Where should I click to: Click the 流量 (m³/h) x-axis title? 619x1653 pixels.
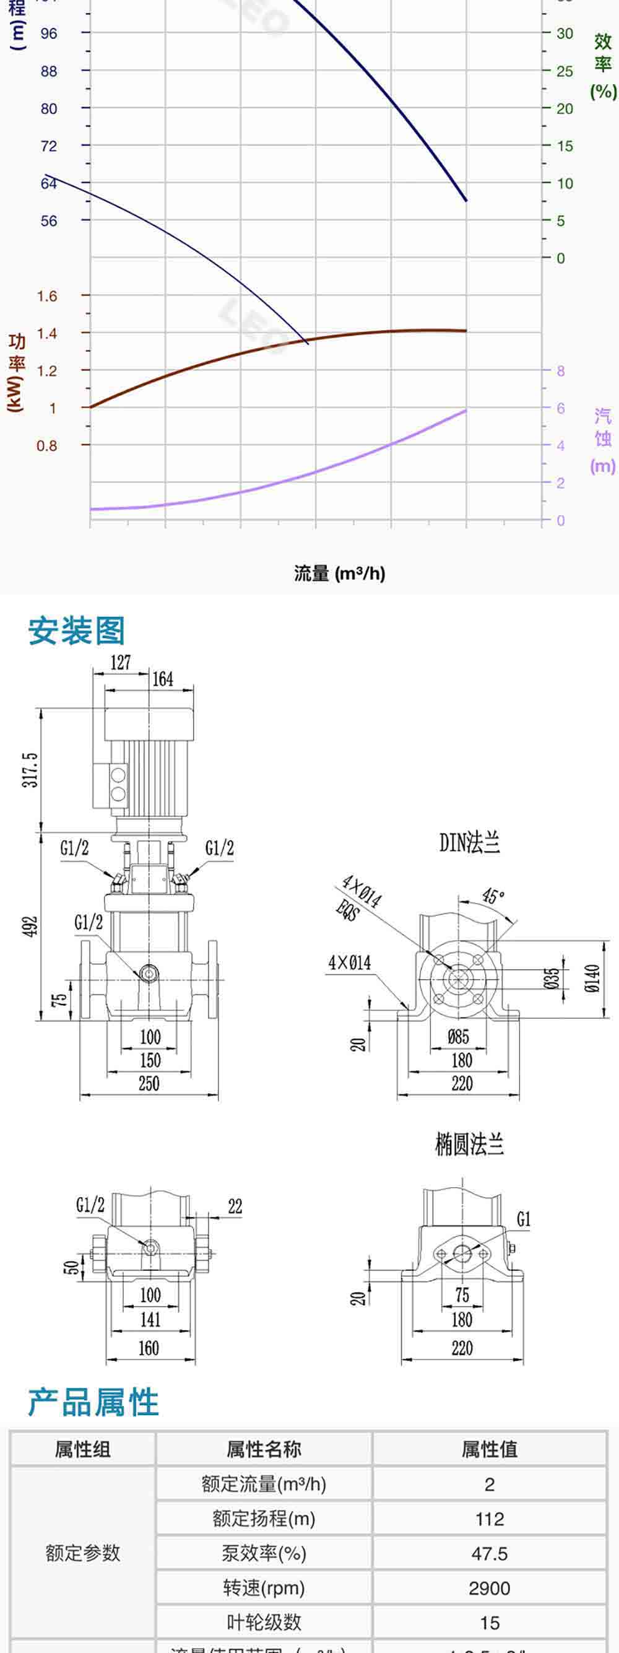(x=339, y=573)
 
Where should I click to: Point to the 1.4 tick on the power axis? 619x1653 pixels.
(x=47, y=333)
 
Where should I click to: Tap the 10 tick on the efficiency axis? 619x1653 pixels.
(x=565, y=183)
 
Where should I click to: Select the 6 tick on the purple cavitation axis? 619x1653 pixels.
(x=561, y=408)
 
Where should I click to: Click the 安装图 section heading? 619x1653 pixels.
(x=76, y=630)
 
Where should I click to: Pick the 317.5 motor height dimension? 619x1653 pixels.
(x=30, y=770)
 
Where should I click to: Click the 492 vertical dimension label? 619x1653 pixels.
(x=30, y=926)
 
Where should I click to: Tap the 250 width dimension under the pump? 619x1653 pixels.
(x=149, y=1084)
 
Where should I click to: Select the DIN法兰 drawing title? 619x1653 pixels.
(x=470, y=842)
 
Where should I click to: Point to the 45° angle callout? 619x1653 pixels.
(x=493, y=896)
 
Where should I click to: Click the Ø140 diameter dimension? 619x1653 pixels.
(x=593, y=979)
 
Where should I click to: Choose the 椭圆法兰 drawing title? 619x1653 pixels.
(x=470, y=1144)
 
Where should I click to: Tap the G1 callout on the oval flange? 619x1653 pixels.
(x=524, y=1219)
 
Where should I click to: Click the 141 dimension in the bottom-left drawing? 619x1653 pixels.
(x=150, y=1319)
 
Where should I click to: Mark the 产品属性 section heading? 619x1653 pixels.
(x=93, y=1402)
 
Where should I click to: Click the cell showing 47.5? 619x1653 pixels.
(x=490, y=1553)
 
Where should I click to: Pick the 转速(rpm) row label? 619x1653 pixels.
(x=264, y=1588)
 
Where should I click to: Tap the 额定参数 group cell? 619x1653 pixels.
(x=83, y=1553)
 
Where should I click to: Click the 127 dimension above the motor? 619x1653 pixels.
(x=121, y=662)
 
